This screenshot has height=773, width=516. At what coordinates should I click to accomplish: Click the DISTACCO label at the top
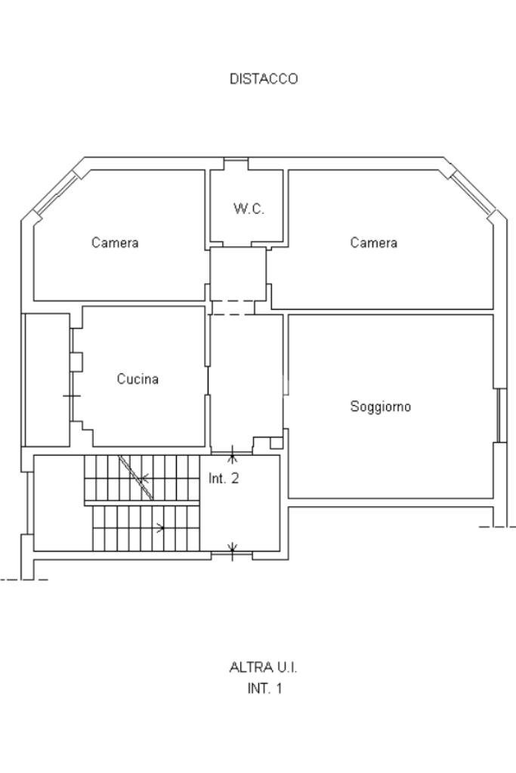(x=264, y=79)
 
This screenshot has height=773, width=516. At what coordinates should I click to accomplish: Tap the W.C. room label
(x=249, y=209)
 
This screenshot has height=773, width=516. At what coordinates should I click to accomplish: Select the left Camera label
(x=115, y=243)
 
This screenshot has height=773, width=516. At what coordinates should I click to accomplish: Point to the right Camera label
(x=373, y=243)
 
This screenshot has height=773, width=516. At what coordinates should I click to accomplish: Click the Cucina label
(x=137, y=379)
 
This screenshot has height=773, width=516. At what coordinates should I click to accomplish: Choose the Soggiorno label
(x=380, y=407)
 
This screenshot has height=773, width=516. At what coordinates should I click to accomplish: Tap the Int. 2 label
(x=224, y=478)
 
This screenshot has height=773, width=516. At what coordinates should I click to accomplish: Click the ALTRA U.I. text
(x=263, y=667)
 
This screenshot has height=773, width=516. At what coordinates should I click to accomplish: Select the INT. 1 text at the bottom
(x=264, y=688)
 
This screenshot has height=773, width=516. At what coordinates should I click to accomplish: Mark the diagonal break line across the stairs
(x=137, y=478)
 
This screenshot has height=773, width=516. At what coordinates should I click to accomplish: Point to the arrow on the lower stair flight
(x=159, y=528)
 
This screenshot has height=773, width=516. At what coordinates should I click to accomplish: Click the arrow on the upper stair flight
(x=143, y=478)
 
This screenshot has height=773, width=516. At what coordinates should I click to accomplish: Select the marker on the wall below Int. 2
(x=233, y=549)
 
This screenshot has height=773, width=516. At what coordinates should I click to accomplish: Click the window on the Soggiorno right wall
(x=499, y=415)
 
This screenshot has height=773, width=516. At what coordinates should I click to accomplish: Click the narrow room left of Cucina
(x=47, y=379)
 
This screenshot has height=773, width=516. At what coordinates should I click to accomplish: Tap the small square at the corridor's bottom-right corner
(x=277, y=443)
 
